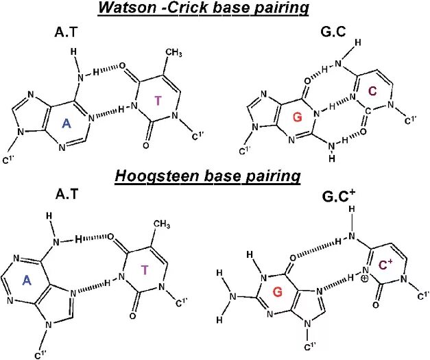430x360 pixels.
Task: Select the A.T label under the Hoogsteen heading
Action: (67, 194)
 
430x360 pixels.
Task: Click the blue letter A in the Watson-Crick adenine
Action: (67, 123)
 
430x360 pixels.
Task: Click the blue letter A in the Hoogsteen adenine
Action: (28, 279)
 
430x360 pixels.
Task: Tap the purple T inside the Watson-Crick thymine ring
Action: (158, 101)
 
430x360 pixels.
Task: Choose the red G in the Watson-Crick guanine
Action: (297, 118)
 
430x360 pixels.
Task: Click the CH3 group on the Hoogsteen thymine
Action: (162, 224)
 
